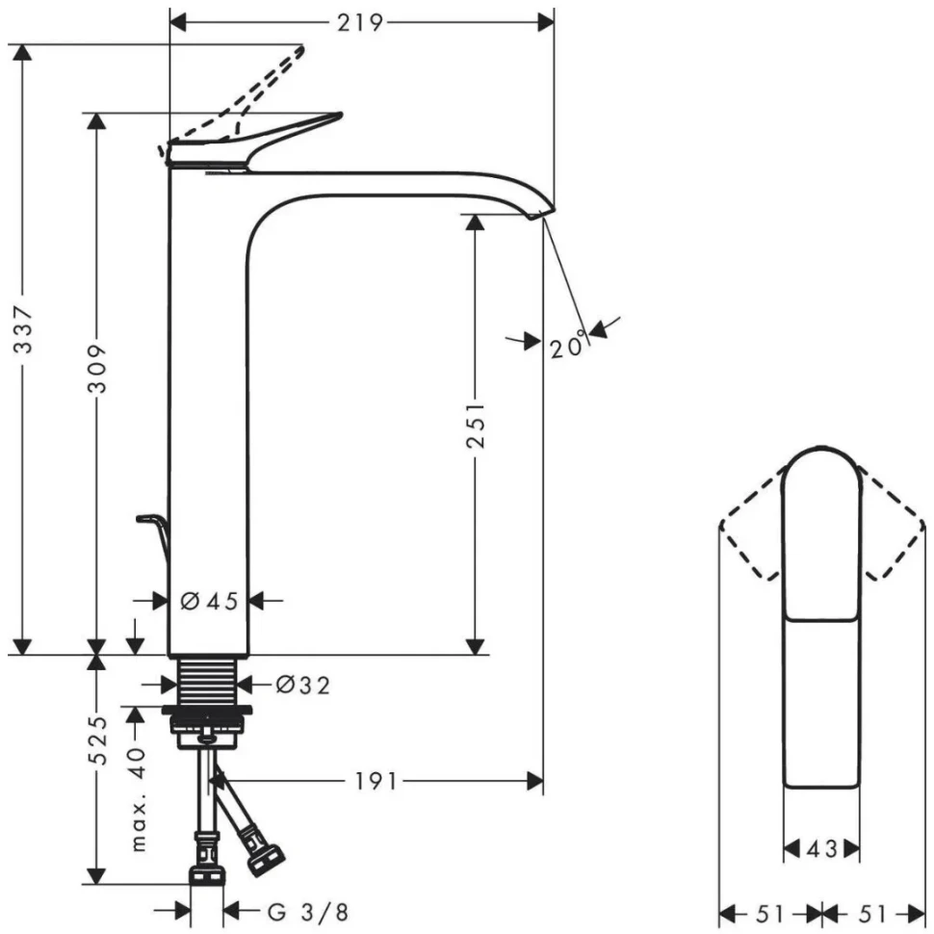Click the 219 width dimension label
coord(360,21)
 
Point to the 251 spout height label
coord(475,426)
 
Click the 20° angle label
coord(568,346)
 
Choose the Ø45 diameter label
coord(209,601)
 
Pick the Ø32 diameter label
coord(302,685)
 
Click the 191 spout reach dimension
coord(370,781)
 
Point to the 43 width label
coord(820,848)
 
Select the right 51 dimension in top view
coord(871,912)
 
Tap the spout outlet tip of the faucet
coord(544,211)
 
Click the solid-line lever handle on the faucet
coord(289,131)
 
